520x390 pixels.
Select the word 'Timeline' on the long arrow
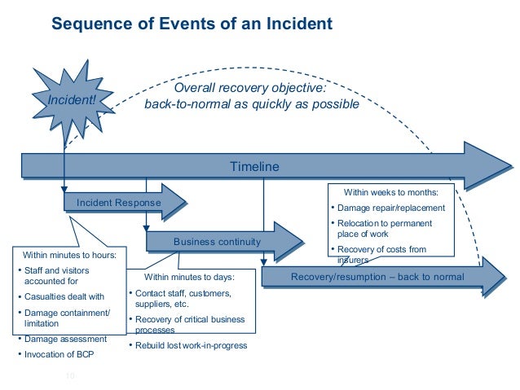pos(254,166)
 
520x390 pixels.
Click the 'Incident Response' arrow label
pos(118,202)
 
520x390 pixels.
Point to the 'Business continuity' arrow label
pos(217,242)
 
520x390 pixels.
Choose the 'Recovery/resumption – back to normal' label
pos(377,278)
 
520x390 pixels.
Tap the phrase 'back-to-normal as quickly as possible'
pos(251,104)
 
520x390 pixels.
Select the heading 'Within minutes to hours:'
pos(69,255)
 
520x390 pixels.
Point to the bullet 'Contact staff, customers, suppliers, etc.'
pos(183,298)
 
